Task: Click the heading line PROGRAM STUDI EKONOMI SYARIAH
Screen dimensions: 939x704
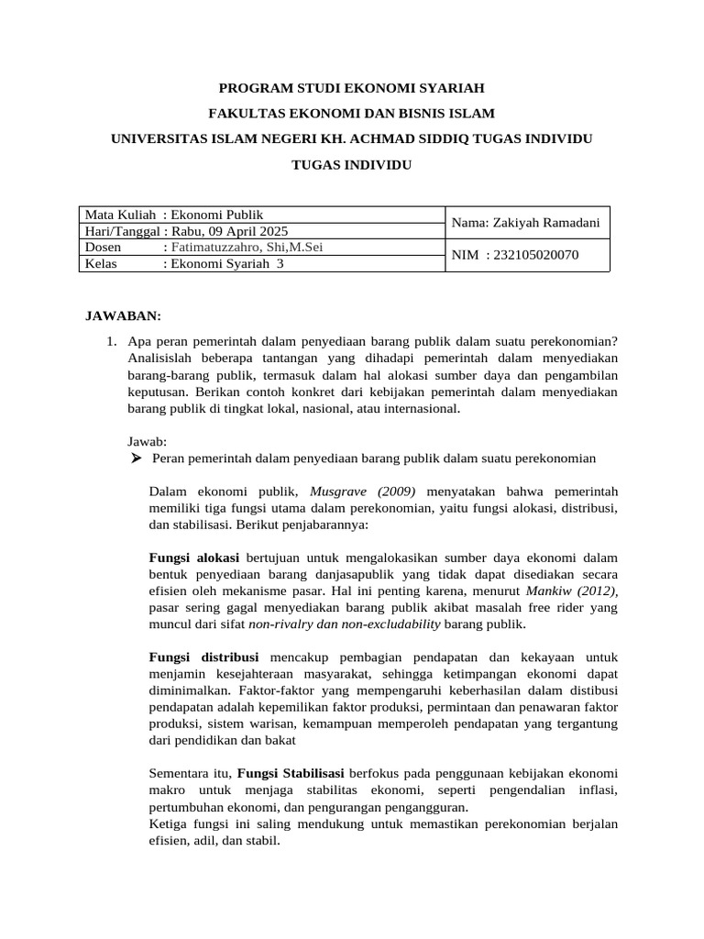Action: tap(351, 88)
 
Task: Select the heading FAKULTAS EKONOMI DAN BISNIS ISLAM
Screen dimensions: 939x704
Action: tap(351, 114)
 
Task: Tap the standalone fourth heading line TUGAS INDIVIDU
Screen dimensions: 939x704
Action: tap(351, 165)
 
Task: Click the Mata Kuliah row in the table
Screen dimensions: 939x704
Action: tap(174, 215)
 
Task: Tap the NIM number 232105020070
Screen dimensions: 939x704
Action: tap(536, 255)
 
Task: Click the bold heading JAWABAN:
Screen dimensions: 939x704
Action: tap(123, 316)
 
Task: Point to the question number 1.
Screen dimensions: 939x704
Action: tap(111, 342)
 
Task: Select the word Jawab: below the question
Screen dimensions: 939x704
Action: tap(147, 442)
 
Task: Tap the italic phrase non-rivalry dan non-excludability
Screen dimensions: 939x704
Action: tap(345, 624)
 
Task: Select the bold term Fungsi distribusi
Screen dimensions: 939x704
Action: tap(203, 657)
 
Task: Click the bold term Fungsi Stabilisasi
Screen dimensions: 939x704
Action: tap(291, 774)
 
